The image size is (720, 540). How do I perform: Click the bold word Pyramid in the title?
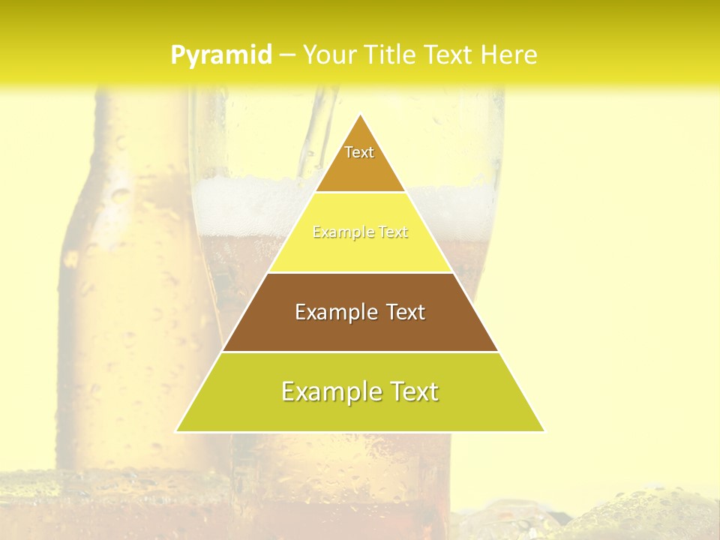point(221,55)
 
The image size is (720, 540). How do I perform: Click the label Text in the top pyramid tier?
point(359,152)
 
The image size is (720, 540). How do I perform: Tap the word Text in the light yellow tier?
point(392,232)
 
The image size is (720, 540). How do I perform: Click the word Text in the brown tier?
point(406,312)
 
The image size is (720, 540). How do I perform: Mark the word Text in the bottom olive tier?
point(413,391)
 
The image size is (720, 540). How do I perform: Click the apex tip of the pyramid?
point(360,115)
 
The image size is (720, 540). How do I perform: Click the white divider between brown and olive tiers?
point(360,352)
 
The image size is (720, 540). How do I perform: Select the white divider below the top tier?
point(360,192)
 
